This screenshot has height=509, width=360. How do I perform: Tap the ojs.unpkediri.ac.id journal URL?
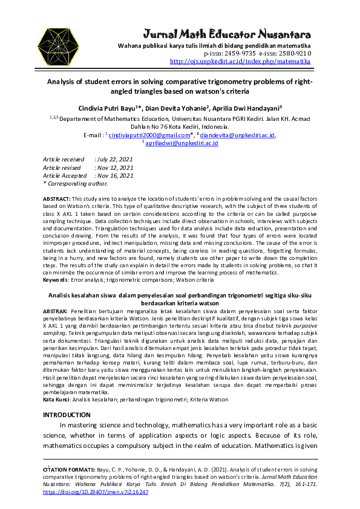pos(241,61)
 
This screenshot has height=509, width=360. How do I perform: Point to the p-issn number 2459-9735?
pos(240,53)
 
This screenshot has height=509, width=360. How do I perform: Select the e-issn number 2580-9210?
pos(293,53)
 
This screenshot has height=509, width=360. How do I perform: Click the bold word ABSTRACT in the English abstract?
pos(56,199)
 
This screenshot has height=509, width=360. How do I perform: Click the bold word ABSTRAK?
pos(56,310)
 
